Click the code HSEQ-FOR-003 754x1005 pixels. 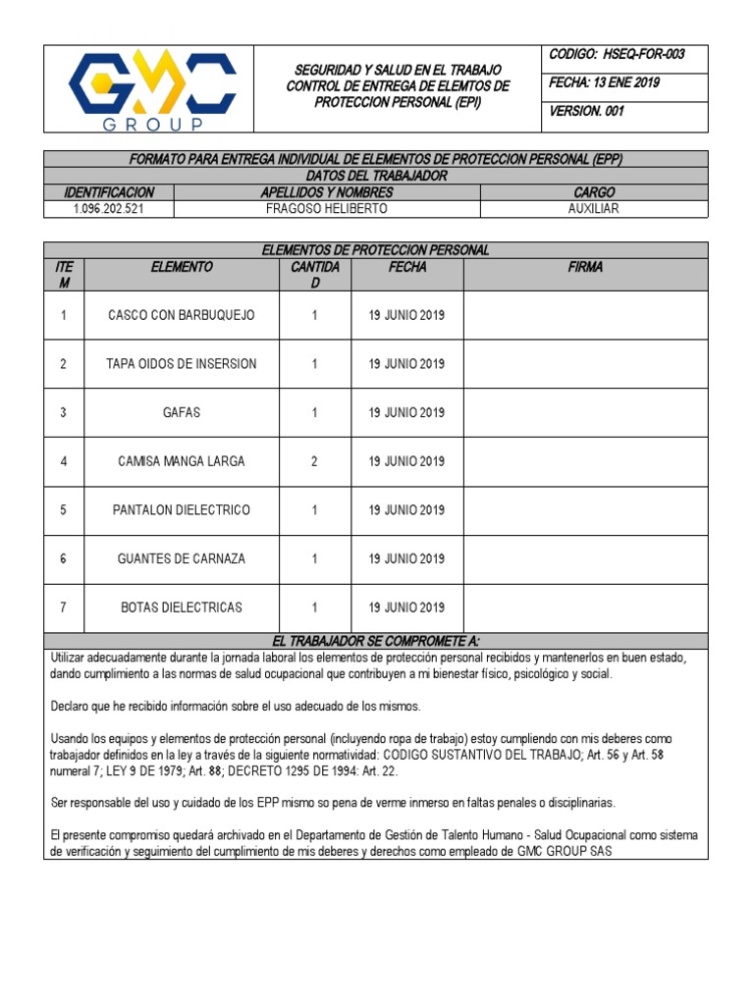click(617, 55)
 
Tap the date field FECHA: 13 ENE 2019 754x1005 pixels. click(605, 83)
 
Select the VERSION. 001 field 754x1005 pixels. click(587, 111)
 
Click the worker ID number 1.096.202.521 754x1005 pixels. click(109, 209)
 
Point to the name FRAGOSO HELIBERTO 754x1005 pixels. click(327, 209)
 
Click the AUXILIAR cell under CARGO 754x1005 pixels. click(593, 209)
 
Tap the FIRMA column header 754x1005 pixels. click(585, 267)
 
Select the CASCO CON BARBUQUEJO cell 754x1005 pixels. click(182, 315)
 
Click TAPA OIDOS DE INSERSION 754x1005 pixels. click(182, 364)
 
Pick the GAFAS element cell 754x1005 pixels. click(182, 412)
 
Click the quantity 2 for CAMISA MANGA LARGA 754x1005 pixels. click(314, 461)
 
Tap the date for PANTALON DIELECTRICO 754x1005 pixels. click(406, 510)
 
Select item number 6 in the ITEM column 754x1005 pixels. click(64, 558)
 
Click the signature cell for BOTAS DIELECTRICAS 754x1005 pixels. click(585, 608)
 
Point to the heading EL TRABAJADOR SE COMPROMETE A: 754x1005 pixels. click(376, 640)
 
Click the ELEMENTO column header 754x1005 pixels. click(182, 267)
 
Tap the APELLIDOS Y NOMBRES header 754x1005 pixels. click(327, 192)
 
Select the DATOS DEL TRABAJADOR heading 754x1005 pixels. click(376, 176)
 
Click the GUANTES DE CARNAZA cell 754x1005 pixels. click(182, 558)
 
